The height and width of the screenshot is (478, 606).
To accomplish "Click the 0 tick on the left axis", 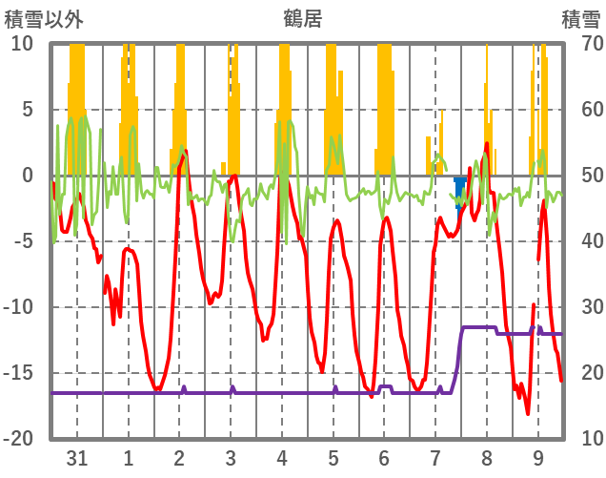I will click(28, 176).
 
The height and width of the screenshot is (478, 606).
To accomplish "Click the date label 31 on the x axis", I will click(77, 458).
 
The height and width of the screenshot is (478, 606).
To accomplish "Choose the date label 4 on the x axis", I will click(282, 458).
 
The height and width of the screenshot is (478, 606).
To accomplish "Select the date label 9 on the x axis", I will click(538, 458).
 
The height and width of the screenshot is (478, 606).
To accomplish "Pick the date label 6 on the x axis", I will click(384, 458).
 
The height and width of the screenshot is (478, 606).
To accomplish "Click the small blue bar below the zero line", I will click(460, 190).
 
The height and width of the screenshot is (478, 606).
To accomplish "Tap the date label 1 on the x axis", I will click(129, 458).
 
